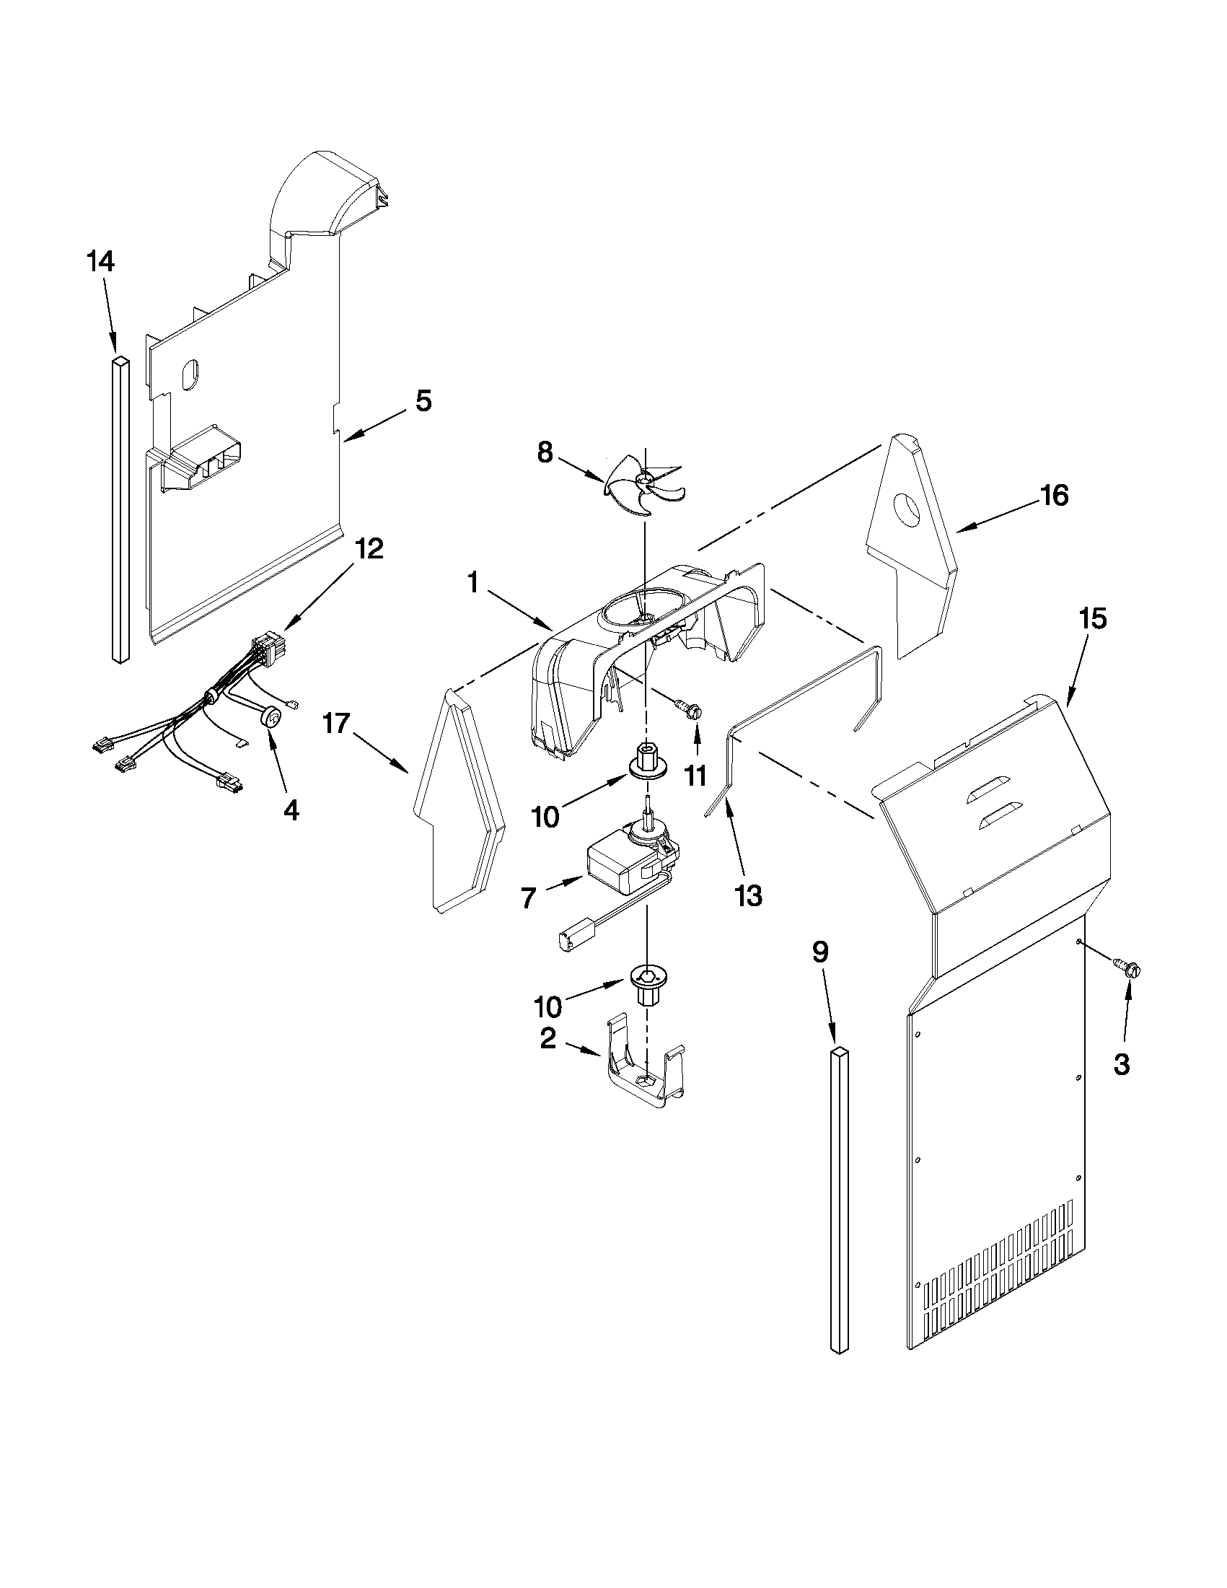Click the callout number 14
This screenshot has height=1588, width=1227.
coord(101,261)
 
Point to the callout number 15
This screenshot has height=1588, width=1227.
coord(1093,619)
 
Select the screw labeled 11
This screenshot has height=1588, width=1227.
coord(687,708)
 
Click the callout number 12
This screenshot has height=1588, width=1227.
coord(369,549)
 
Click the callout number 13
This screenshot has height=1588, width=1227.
coord(749,896)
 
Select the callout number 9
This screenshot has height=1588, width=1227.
coord(821,952)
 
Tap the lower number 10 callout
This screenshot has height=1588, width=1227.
coord(548,1006)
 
